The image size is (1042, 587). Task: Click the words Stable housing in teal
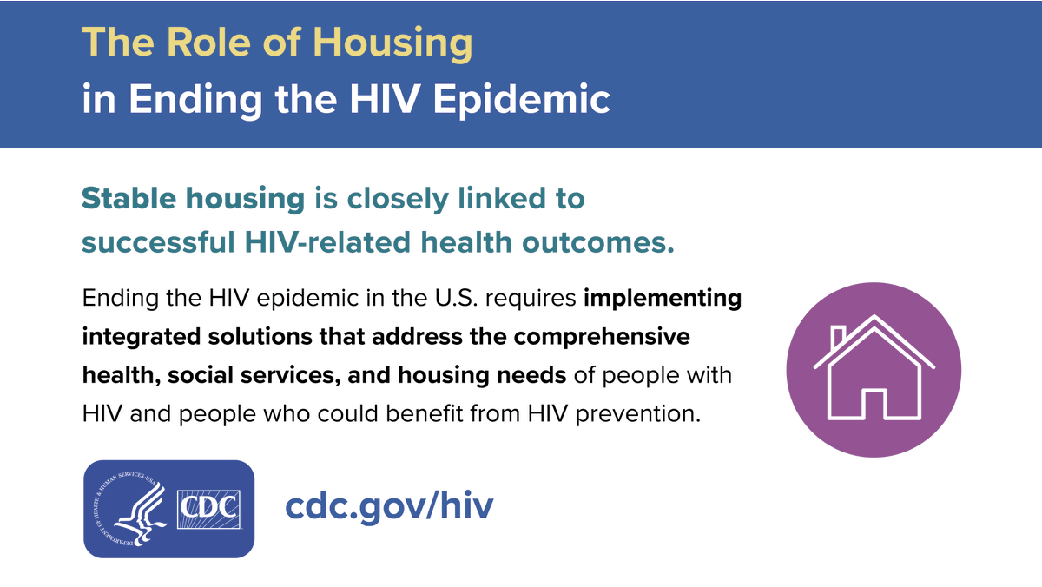pos(193,199)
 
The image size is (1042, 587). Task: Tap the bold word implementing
pos(663,299)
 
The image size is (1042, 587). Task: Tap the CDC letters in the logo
pos(208,506)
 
